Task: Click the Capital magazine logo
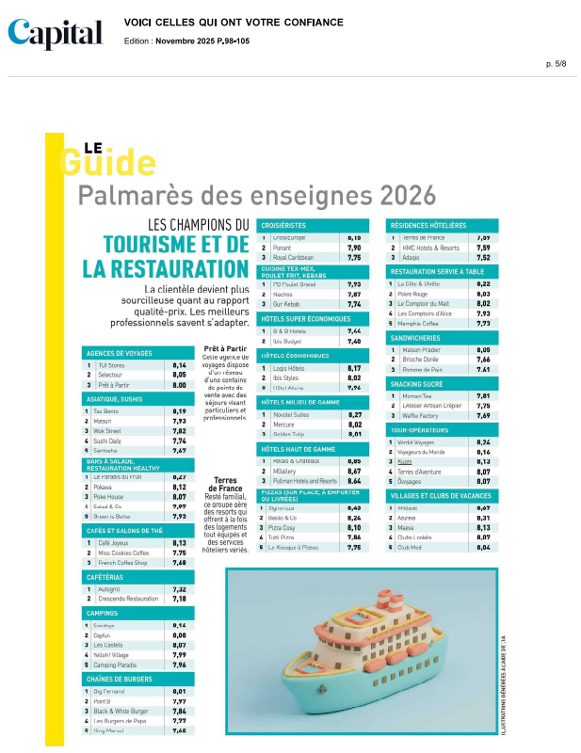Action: (x=56, y=34)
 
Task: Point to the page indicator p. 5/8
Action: (x=556, y=63)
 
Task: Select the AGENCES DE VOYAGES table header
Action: (x=119, y=353)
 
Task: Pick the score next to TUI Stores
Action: (x=179, y=364)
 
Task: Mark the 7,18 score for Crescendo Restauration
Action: (x=179, y=599)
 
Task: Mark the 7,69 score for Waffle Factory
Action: (x=483, y=415)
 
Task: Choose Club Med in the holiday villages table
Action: (x=410, y=547)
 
